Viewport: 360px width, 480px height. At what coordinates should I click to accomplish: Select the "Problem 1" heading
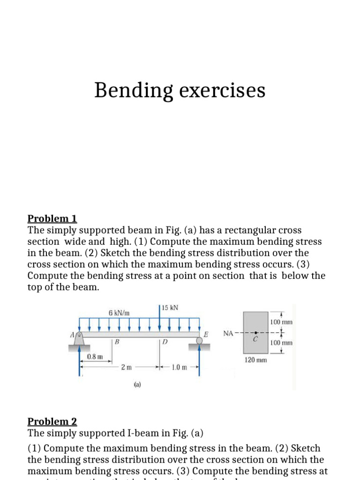(x=52, y=218)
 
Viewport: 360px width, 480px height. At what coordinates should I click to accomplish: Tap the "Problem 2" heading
(x=52, y=421)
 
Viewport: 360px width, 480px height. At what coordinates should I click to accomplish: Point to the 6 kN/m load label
(x=119, y=312)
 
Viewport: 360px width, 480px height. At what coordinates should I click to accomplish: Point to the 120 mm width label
(x=256, y=360)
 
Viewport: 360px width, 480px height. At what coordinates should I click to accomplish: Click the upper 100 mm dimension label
(x=281, y=322)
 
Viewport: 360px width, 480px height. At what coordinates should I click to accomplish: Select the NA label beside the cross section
(x=228, y=334)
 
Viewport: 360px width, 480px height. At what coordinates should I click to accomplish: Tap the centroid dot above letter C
(x=256, y=333)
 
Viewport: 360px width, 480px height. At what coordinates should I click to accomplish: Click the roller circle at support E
(x=200, y=340)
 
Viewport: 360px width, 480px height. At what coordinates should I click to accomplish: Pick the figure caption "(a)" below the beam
(x=137, y=385)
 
